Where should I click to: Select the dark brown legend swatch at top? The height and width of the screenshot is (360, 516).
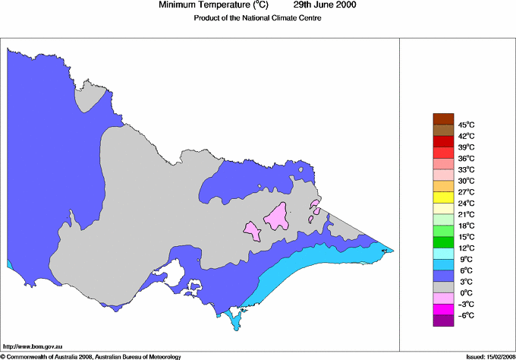(x=443, y=118)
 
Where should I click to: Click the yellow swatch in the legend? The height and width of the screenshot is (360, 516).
(x=443, y=197)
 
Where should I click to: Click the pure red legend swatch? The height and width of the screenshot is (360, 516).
(x=443, y=141)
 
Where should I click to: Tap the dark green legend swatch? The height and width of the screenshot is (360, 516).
(x=443, y=242)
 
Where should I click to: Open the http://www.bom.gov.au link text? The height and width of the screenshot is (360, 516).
(x=33, y=346)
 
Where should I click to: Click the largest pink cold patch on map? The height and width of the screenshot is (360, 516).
(x=276, y=217)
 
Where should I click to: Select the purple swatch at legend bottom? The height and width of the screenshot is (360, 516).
(x=443, y=321)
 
